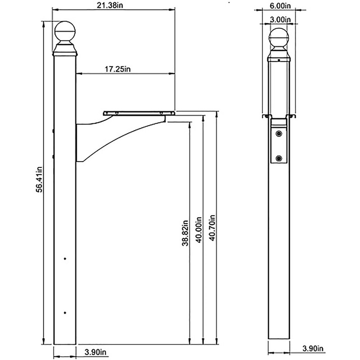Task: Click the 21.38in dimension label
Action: [x=109, y=5]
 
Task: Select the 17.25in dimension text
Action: [x=117, y=69]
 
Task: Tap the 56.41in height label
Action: [x=39, y=179]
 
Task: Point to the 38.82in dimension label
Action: [x=185, y=233]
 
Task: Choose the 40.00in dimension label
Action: [x=198, y=229]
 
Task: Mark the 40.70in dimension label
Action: [x=212, y=228]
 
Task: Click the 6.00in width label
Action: [x=279, y=6]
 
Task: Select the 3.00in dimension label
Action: [x=280, y=19]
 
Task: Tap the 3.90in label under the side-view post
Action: [x=95, y=352]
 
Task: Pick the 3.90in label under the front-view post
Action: [x=313, y=348]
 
